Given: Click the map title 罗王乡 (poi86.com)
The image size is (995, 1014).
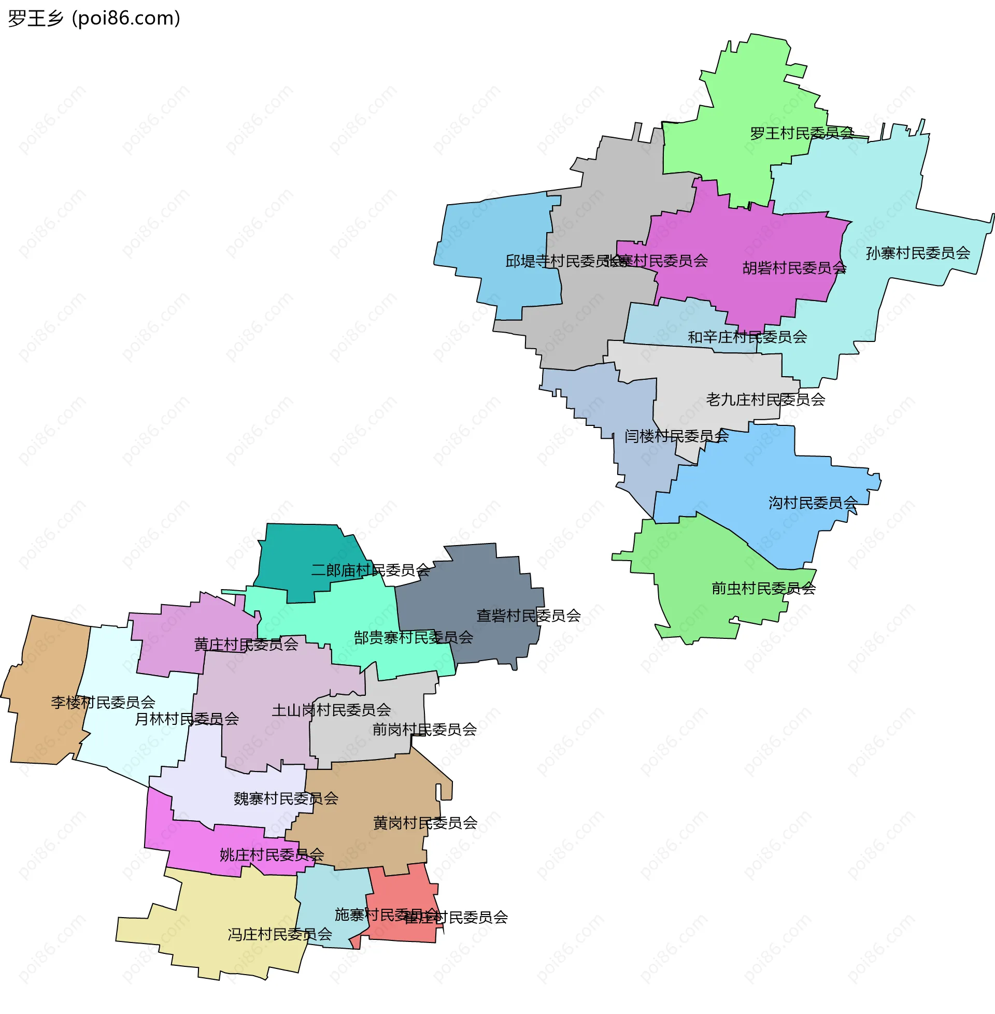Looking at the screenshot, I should click(94, 18).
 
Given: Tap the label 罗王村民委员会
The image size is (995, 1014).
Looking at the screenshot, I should click(802, 134).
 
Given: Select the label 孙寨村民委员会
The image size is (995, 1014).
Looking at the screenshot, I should click(918, 253).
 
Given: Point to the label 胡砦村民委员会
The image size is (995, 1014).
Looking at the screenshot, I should click(794, 268).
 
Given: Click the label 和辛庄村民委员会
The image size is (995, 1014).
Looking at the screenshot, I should click(747, 337).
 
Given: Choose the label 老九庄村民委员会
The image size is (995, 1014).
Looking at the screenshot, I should click(765, 400).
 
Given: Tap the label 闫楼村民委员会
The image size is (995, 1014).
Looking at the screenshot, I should click(676, 436).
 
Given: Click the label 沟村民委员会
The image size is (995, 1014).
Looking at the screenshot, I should click(813, 503).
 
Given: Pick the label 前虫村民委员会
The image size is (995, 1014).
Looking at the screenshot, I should click(763, 589).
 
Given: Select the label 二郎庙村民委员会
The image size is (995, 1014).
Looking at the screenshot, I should click(371, 570).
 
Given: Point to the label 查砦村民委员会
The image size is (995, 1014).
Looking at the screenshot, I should click(528, 616).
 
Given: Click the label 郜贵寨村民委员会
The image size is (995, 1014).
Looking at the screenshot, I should click(414, 638).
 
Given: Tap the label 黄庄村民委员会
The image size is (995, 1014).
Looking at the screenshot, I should click(246, 645).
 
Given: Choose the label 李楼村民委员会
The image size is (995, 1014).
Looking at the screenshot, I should click(103, 703).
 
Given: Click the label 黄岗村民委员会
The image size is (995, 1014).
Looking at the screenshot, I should click(425, 823).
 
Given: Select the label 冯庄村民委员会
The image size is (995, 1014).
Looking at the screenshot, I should click(279, 935).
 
